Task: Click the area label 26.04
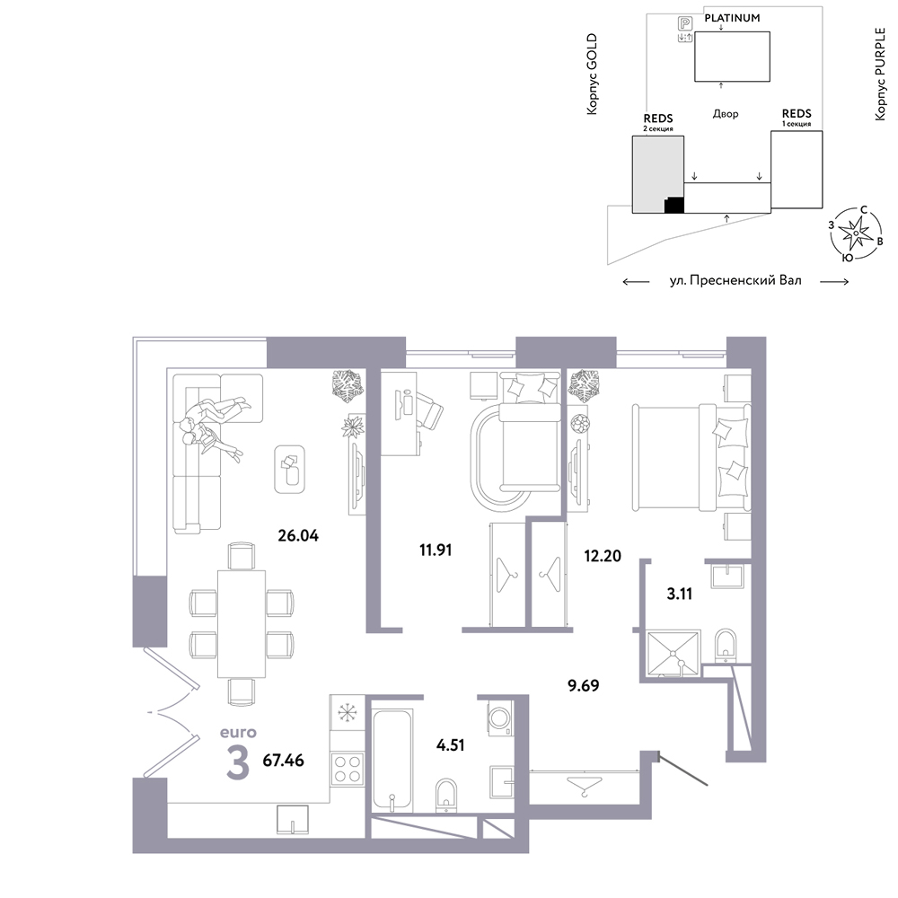click(298, 535)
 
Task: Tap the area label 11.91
click(436, 550)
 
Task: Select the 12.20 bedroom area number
click(603, 556)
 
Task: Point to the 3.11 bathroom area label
click(679, 594)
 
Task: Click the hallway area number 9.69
click(583, 685)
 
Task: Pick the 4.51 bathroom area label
click(450, 745)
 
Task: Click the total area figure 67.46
click(283, 761)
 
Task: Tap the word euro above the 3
click(238, 733)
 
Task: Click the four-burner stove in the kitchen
click(347, 769)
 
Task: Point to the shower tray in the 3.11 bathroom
click(673, 654)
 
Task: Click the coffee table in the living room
click(289, 469)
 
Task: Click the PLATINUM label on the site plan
click(732, 18)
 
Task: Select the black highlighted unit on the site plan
click(674, 205)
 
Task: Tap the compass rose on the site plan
click(855, 233)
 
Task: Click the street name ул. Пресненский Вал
click(735, 280)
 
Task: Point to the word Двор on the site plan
click(725, 114)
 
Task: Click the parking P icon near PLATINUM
click(685, 23)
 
